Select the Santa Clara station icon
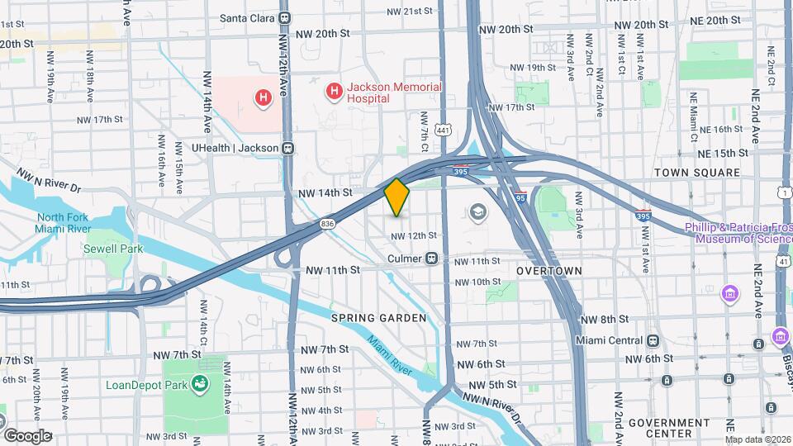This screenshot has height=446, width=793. click(x=285, y=17)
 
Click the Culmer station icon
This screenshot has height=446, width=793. click(x=431, y=259)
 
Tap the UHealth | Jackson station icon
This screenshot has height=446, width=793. click(x=288, y=149)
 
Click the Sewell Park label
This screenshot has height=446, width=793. click(x=112, y=249)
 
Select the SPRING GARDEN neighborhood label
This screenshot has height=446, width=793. click(x=378, y=318)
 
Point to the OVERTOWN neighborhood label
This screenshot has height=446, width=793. click(x=549, y=270)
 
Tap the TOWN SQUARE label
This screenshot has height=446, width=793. click(x=696, y=173)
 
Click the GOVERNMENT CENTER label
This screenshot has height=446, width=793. click(x=670, y=427)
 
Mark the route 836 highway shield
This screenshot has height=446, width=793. click(x=327, y=224)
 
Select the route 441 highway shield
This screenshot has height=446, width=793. click(x=444, y=130)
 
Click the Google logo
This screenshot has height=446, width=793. click(x=27, y=435)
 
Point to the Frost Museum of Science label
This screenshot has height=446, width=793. click(x=738, y=233)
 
